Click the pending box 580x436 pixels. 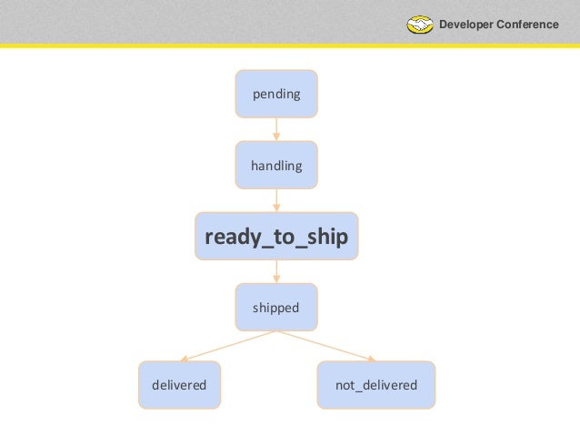[276, 94]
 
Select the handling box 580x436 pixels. [276, 166]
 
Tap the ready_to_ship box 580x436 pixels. [276, 237]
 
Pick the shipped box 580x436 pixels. [276, 308]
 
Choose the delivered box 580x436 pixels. [180, 385]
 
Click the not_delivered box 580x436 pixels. [376, 385]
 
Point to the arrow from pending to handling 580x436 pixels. [276, 129]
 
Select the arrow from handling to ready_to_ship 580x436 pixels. [276, 200]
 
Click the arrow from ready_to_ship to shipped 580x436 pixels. [276, 272]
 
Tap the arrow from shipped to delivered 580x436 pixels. [227, 346]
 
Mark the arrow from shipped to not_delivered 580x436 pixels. [325, 346]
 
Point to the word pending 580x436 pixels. [276, 94]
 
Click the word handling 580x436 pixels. [276, 166]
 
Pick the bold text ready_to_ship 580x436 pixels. [276, 237]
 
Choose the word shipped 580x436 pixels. [276, 308]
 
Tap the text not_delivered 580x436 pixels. [376, 385]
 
